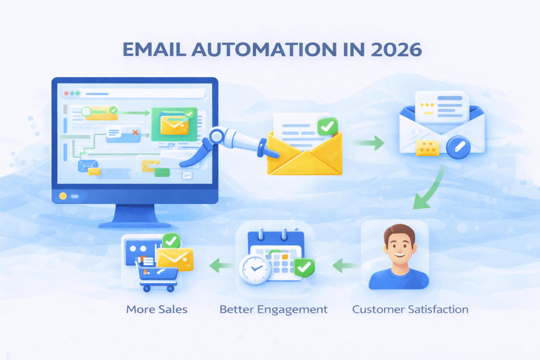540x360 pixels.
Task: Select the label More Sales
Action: [x=157, y=309]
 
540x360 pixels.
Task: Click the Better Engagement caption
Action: [x=273, y=309]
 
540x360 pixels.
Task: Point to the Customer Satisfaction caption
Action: [x=410, y=309]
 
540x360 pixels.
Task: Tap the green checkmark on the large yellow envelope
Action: [x=328, y=126]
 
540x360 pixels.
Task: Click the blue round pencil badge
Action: [x=458, y=147]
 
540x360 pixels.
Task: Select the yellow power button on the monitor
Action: [x=63, y=196]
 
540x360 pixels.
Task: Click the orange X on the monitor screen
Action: [x=135, y=133]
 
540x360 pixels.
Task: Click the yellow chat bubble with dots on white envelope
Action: [x=428, y=148]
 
